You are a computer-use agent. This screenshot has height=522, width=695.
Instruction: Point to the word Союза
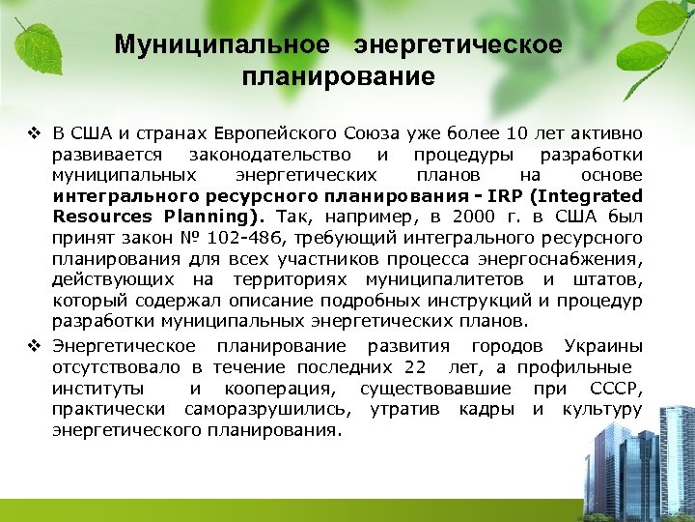click(371, 132)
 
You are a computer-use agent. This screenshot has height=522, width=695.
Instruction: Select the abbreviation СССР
click(614, 388)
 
